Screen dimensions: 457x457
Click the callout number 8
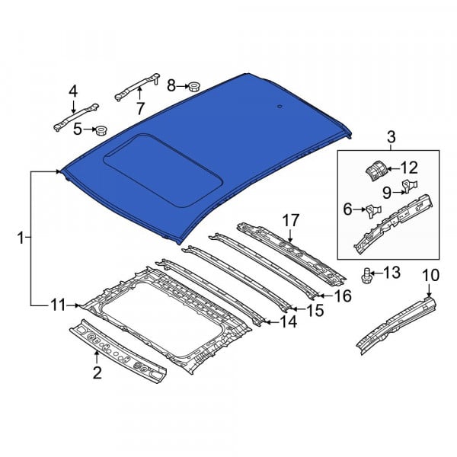[171, 86]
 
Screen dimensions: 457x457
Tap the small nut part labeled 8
[193, 86]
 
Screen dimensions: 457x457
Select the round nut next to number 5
[101, 130]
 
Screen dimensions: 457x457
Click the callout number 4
[73, 91]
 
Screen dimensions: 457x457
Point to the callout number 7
[140, 109]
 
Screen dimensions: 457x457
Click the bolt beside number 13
[366, 276]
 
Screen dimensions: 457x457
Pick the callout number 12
[409, 168]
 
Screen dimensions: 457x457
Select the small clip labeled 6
[374, 211]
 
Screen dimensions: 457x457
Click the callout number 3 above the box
[391, 137]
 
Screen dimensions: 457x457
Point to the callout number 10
[430, 276]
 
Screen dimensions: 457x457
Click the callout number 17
[291, 220]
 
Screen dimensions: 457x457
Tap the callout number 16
[343, 296]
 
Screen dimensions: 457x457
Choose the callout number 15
[315, 311]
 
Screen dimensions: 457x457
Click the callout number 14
[288, 321]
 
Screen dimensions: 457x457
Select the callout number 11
[59, 305]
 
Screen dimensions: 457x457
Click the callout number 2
[97, 372]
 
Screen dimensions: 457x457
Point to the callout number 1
[21, 238]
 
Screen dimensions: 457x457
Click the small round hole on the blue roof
[280, 107]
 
